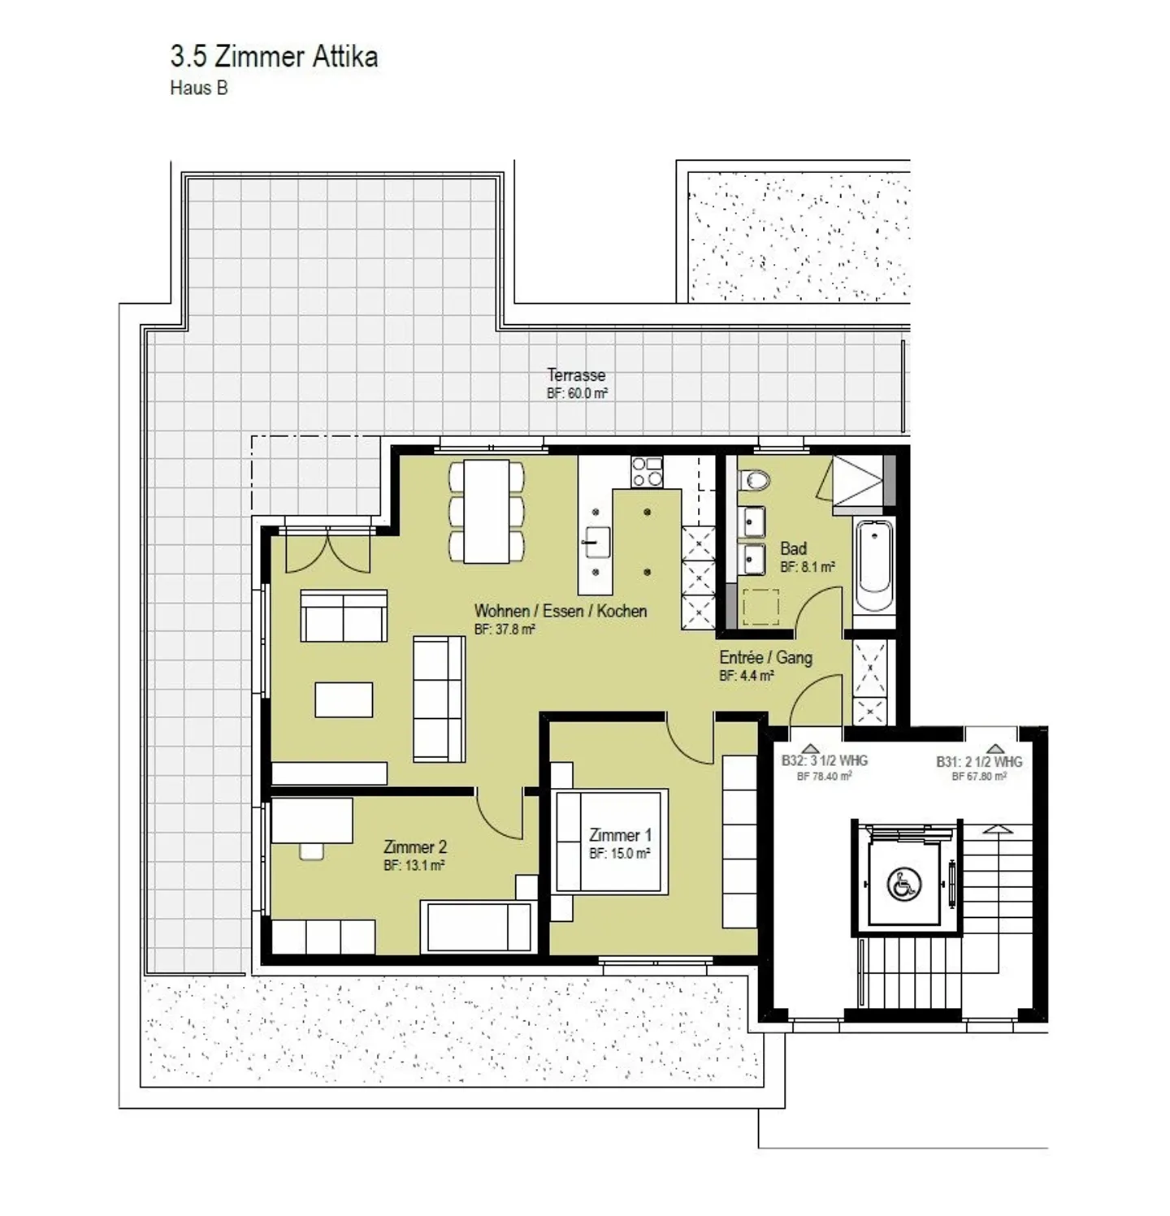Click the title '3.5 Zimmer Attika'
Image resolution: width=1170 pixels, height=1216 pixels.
(274, 57)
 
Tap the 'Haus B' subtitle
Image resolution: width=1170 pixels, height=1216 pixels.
(198, 88)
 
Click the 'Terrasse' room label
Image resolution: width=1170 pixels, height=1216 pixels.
(576, 375)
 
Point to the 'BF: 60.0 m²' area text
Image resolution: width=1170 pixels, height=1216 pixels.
(577, 394)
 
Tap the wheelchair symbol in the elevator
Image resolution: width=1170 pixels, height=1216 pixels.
(903, 884)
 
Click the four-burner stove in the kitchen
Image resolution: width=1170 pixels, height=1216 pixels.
(647, 472)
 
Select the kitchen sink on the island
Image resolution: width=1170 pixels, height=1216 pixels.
(596, 542)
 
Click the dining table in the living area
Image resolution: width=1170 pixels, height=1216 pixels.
(486, 511)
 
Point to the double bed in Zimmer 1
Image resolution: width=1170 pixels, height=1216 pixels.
(611, 841)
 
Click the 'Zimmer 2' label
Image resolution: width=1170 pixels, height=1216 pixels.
(414, 847)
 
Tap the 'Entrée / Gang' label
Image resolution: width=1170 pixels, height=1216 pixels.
(765, 658)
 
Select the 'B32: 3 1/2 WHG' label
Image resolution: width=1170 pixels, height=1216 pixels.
(825, 761)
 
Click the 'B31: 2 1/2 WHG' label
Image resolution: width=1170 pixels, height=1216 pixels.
(979, 762)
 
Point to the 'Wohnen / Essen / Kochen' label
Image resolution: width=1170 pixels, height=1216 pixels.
(561, 611)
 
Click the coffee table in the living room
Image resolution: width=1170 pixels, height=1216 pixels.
(344, 699)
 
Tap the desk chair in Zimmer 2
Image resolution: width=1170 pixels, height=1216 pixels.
(311, 850)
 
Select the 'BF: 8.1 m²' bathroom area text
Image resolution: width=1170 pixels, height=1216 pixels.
(808, 567)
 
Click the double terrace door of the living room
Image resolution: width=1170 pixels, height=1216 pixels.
(327, 549)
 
